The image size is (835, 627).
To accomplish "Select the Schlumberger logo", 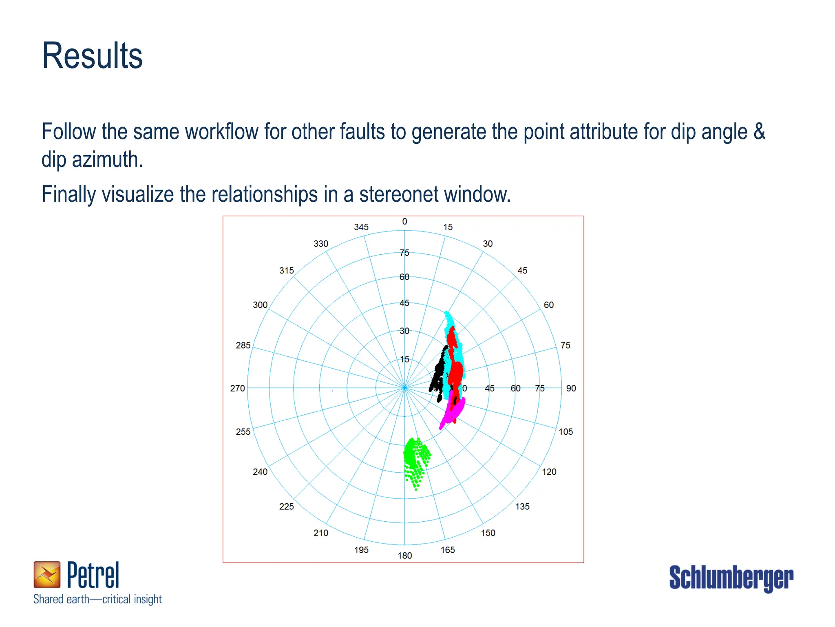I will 731,578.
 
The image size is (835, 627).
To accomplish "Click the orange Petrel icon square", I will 47,574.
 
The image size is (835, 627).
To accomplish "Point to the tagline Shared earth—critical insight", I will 97,599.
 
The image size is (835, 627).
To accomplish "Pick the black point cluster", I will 438,371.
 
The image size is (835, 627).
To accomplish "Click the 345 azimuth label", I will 361,227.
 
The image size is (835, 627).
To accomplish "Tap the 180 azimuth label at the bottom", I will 404,556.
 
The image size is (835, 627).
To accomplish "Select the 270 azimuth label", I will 237,389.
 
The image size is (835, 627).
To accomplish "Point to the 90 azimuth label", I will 571,389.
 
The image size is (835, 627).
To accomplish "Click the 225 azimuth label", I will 286,507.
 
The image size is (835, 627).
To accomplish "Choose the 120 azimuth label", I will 549,472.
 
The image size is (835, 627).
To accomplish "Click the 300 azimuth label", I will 260,305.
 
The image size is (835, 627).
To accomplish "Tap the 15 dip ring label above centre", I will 404,360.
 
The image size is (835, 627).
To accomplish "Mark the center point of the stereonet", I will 404,388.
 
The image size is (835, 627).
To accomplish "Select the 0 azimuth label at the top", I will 404,222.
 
